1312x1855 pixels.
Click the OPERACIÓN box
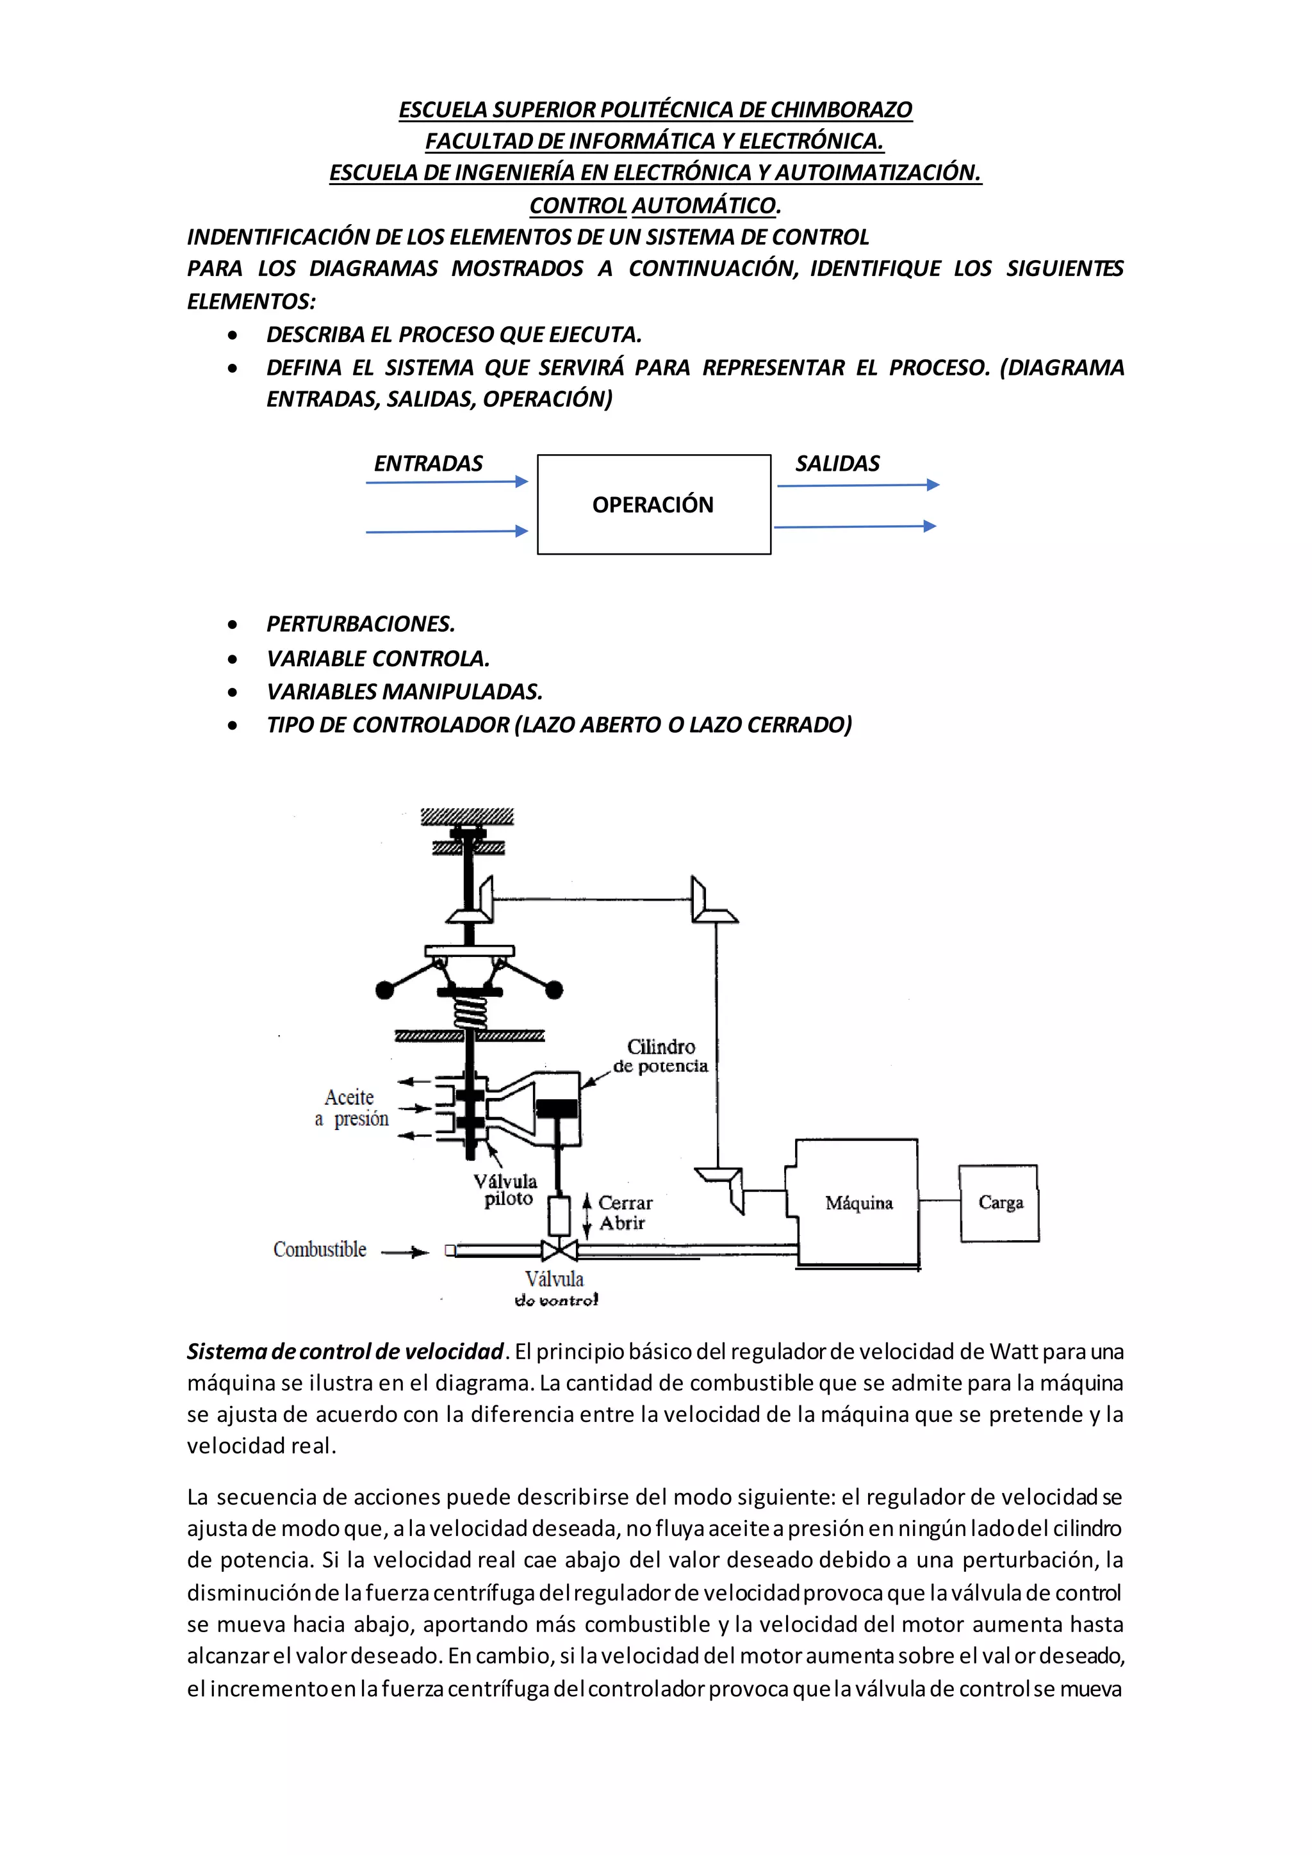pos(653,504)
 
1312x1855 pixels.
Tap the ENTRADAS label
pos(428,464)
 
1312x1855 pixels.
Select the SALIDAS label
pos(837,464)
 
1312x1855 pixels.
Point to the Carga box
pos(999,1202)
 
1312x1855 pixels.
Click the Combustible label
pos(319,1250)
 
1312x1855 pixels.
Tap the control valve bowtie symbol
pos(558,1251)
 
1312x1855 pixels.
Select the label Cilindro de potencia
pos(660,1056)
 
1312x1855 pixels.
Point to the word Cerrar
pos(625,1202)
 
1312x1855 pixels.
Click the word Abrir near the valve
pos(622,1223)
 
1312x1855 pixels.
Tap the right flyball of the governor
pos(554,989)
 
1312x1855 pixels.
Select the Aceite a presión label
pos(352,1107)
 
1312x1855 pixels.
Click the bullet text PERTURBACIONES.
pos(360,624)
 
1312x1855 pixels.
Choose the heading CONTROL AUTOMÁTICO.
pos(654,205)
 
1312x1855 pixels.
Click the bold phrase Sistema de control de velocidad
pos(345,1352)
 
